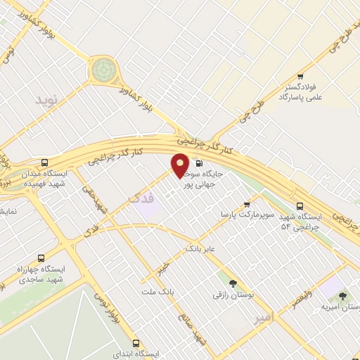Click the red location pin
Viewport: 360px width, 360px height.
pos(180,165)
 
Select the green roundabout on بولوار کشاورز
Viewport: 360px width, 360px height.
pos(103,68)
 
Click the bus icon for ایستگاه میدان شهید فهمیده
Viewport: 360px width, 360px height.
pos(45,162)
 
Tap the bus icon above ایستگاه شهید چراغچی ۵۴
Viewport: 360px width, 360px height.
pos(300,206)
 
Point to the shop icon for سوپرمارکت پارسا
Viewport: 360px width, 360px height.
pos(246,204)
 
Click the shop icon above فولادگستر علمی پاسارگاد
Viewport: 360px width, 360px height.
pos(300,76)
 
